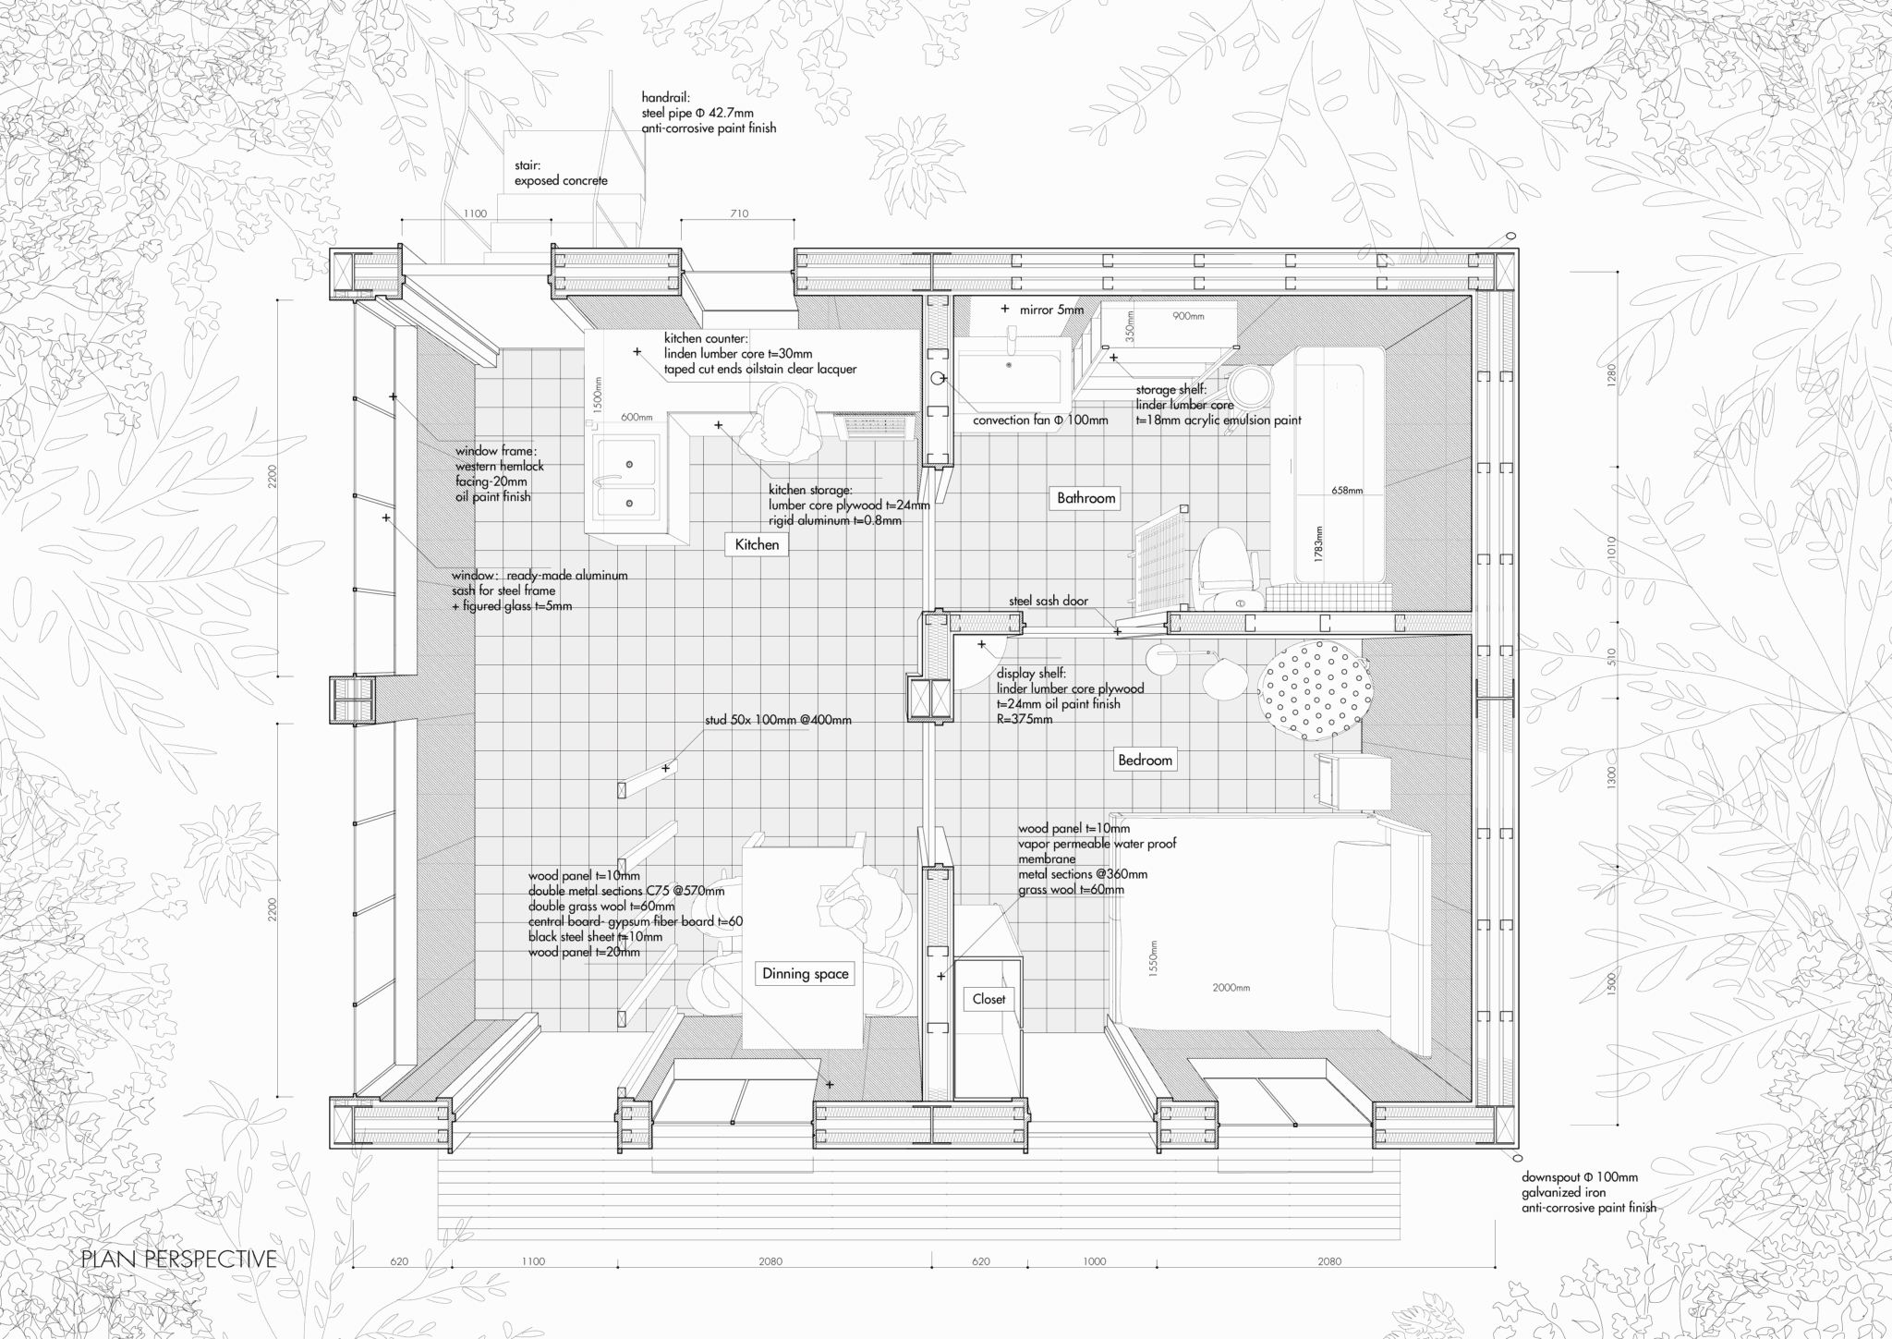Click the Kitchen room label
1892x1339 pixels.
click(757, 544)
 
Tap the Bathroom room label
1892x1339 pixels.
click(1086, 498)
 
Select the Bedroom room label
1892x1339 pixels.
click(1145, 760)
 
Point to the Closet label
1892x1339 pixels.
click(988, 998)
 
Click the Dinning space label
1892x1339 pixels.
click(805, 973)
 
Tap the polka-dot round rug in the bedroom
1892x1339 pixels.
click(1314, 689)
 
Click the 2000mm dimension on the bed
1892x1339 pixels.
click(1231, 987)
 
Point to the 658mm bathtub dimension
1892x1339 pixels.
click(1347, 490)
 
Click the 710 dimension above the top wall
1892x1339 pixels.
click(739, 213)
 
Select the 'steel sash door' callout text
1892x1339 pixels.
click(1048, 601)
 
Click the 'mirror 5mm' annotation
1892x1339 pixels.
click(1051, 310)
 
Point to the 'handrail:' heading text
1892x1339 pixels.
click(665, 96)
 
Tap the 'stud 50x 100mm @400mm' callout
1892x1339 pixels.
click(778, 720)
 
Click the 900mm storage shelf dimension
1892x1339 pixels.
click(1188, 316)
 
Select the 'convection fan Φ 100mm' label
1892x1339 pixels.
click(1040, 420)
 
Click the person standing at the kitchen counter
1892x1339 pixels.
click(784, 420)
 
